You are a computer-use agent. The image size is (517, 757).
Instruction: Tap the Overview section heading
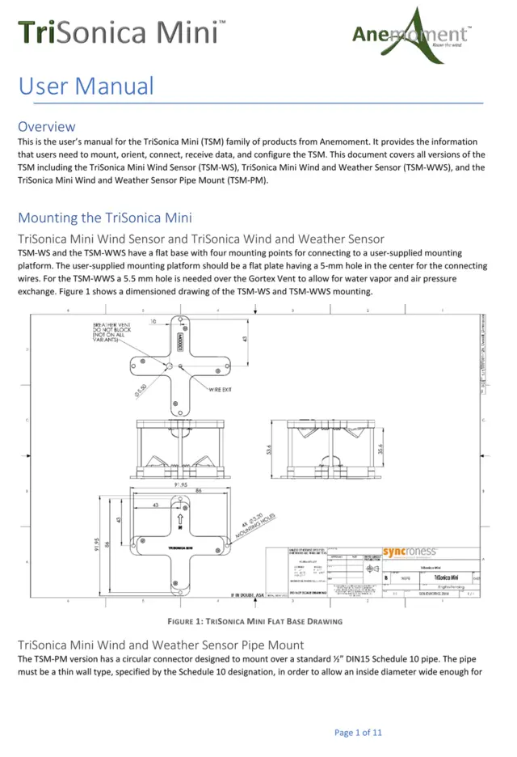click(x=47, y=126)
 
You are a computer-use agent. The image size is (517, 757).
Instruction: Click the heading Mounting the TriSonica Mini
click(x=104, y=218)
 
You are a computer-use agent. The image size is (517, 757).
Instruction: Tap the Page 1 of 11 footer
click(x=358, y=733)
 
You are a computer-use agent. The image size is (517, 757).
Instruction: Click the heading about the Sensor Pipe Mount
click(x=160, y=645)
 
